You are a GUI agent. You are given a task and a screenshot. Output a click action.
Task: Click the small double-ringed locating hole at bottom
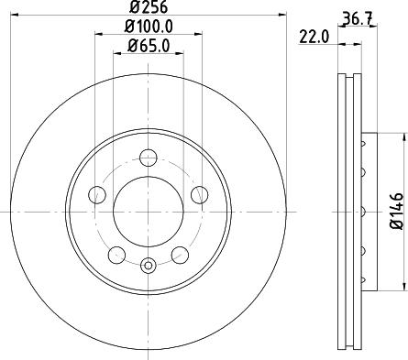tap(149, 267)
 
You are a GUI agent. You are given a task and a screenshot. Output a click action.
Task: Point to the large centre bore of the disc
tap(149, 212)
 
